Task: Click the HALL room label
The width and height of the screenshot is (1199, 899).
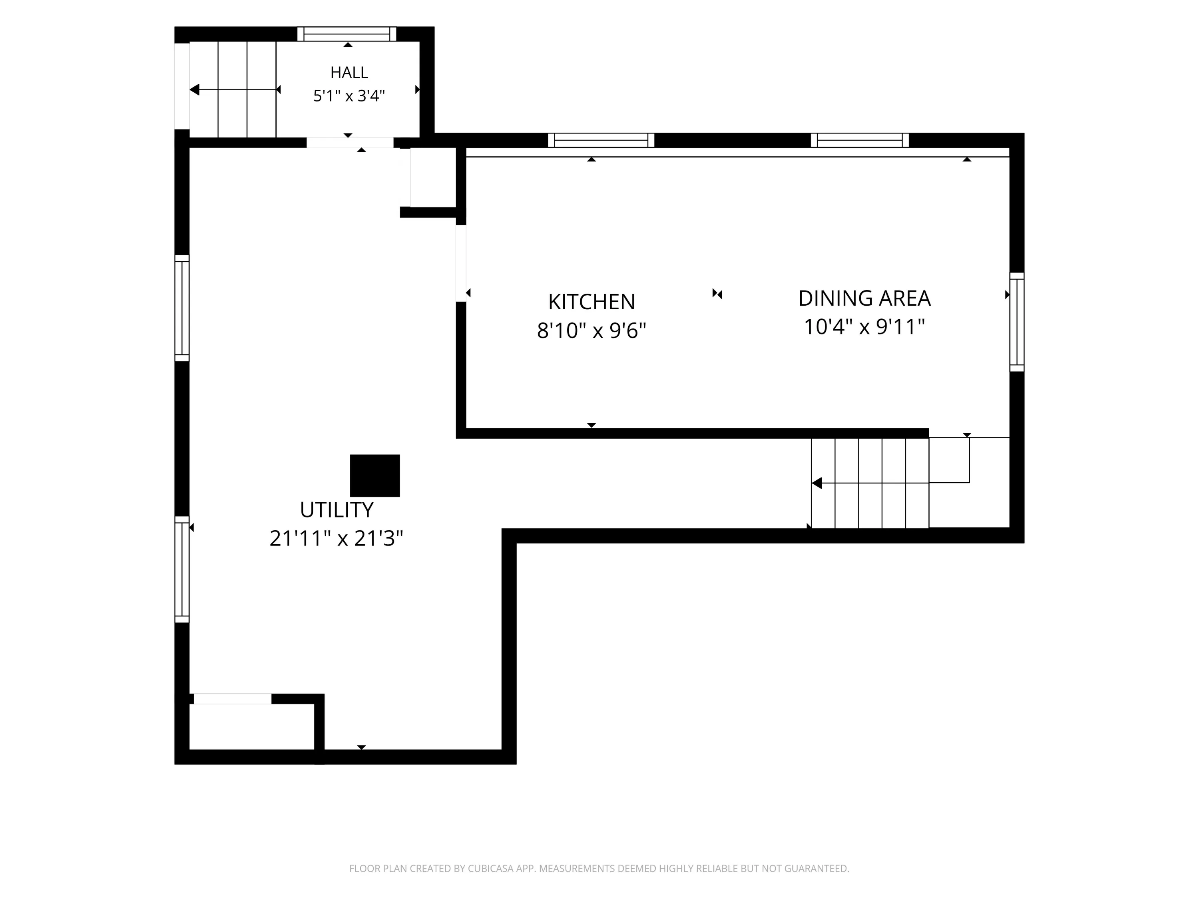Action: click(349, 72)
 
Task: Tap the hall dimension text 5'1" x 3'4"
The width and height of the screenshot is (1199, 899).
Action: click(349, 96)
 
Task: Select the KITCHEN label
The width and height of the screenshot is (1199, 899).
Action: click(592, 302)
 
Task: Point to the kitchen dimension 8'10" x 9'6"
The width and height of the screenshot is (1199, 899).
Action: click(592, 330)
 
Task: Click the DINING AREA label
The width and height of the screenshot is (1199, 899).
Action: click(864, 298)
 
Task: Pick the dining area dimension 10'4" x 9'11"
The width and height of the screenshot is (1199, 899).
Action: click(864, 327)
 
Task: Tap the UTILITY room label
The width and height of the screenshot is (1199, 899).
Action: click(337, 510)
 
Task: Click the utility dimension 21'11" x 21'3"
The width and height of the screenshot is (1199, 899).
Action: click(337, 538)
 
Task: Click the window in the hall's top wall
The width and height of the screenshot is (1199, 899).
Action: click(347, 34)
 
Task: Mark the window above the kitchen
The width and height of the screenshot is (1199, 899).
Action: click(601, 140)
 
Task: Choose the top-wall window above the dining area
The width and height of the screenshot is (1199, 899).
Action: click(860, 140)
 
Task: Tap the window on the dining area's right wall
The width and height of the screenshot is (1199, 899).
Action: click(1017, 322)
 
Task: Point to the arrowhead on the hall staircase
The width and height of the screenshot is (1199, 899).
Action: click(195, 90)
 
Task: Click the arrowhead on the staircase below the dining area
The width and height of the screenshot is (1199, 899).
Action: click(817, 483)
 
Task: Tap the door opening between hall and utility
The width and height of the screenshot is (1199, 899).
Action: click(350, 143)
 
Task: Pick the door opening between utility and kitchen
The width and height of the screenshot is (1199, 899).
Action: click(461, 263)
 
